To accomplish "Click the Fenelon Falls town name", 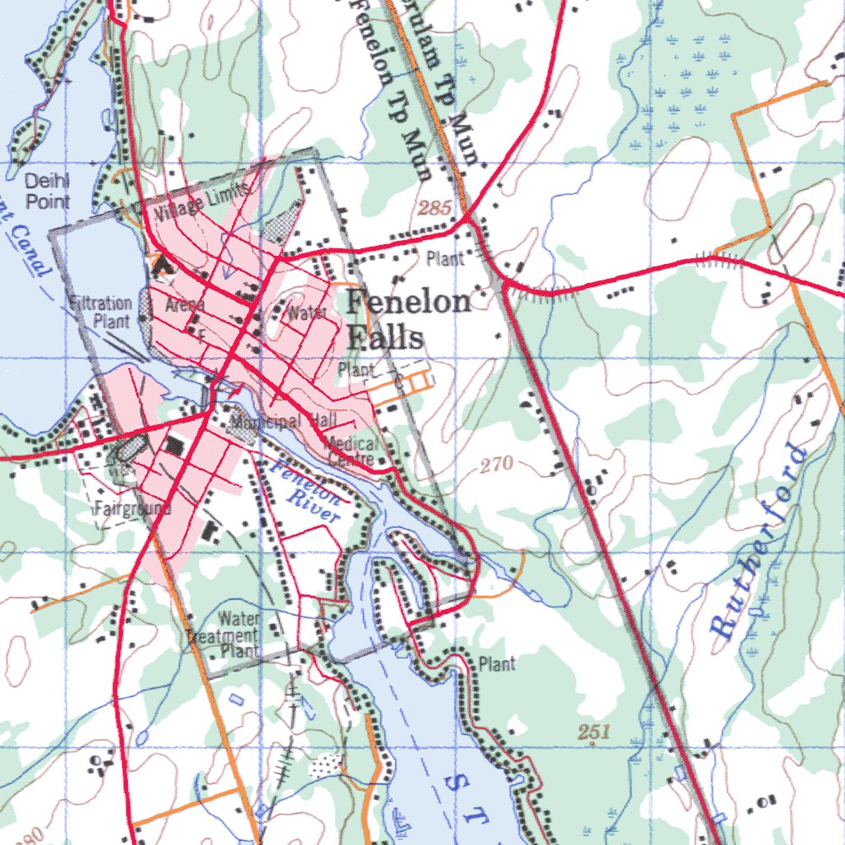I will click(408, 319).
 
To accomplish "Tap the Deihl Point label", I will click(47, 191).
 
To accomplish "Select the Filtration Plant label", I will click(101, 311).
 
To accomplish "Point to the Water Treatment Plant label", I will click(224, 635).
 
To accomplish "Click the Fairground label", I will click(132, 508).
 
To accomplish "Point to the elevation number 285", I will click(434, 208).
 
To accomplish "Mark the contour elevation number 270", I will click(496, 465).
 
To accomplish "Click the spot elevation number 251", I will click(593, 731).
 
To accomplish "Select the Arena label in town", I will click(184, 306).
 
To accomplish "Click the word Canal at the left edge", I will click(28, 248).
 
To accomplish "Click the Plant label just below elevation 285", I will click(446, 258).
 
